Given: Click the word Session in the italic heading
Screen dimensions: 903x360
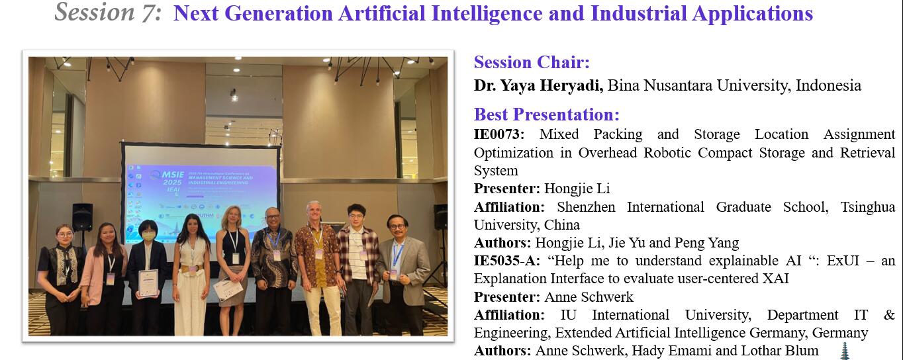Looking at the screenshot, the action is click(x=94, y=12).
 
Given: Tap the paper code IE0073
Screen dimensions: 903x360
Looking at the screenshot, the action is click(x=499, y=134).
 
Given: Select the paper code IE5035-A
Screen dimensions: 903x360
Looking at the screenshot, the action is click(x=506, y=261).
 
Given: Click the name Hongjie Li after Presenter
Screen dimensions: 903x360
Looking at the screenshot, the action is click(x=577, y=188).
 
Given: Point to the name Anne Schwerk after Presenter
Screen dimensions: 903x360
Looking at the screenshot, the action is click(x=589, y=296).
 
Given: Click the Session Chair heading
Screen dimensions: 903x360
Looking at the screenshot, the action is click(x=532, y=62).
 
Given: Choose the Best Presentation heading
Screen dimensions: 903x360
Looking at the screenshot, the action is click(x=547, y=114).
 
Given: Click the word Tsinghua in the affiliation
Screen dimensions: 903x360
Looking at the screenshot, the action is click(x=867, y=207).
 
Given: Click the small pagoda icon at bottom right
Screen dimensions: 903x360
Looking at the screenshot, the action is click(x=845, y=351).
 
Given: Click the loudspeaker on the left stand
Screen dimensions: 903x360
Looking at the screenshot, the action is click(x=82, y=217).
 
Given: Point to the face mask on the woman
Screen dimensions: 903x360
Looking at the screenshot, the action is click(x=148, y=236).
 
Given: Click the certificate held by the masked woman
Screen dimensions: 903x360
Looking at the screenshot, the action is click(x=148, y=283).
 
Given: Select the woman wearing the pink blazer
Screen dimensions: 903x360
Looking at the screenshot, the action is click(x=103, y=278).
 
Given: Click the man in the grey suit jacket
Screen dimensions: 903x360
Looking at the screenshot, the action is click(x=403, y=275).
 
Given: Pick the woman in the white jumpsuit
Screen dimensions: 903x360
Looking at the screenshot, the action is click(x=191, y=275).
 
